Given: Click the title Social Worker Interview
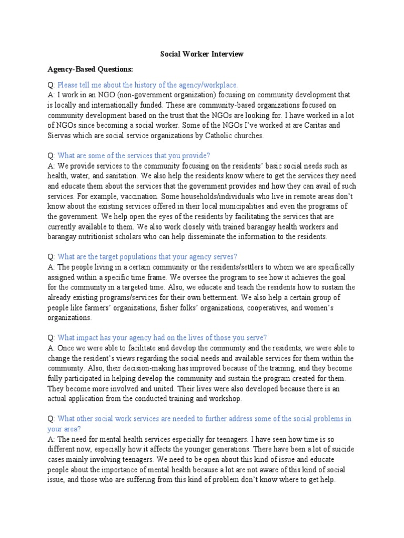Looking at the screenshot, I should click(201, 54).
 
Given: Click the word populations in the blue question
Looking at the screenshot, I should click(145, 256).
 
